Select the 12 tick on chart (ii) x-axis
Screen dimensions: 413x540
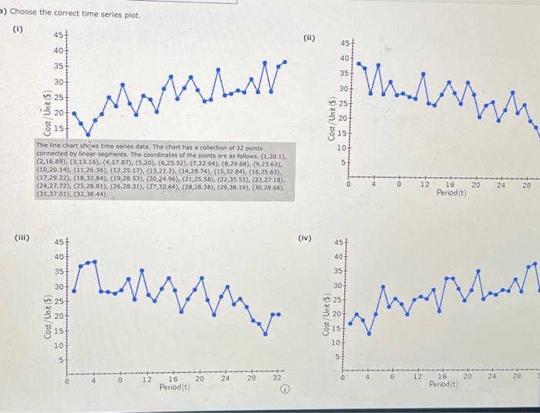click(424, 185)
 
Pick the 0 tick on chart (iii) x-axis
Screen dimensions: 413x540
click(66, 378)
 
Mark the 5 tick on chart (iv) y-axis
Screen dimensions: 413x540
click(337, 355)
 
